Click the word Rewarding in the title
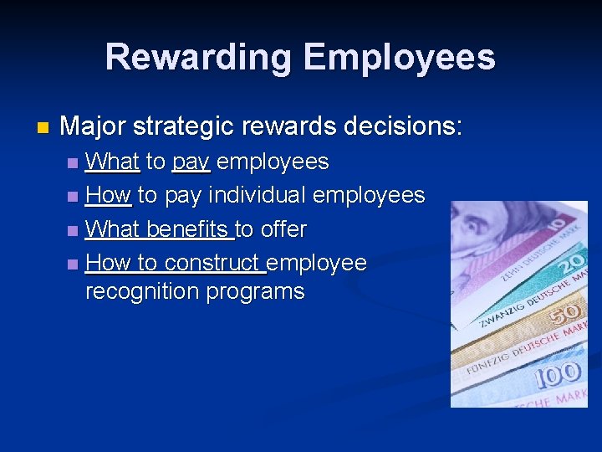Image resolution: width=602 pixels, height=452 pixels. coord(198,58)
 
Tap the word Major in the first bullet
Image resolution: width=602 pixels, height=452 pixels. coord(93,126)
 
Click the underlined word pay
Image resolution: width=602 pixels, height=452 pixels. coord(191,161)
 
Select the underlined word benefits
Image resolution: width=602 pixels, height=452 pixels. coord(188,229)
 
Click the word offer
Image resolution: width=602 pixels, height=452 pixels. coord(280,229)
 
